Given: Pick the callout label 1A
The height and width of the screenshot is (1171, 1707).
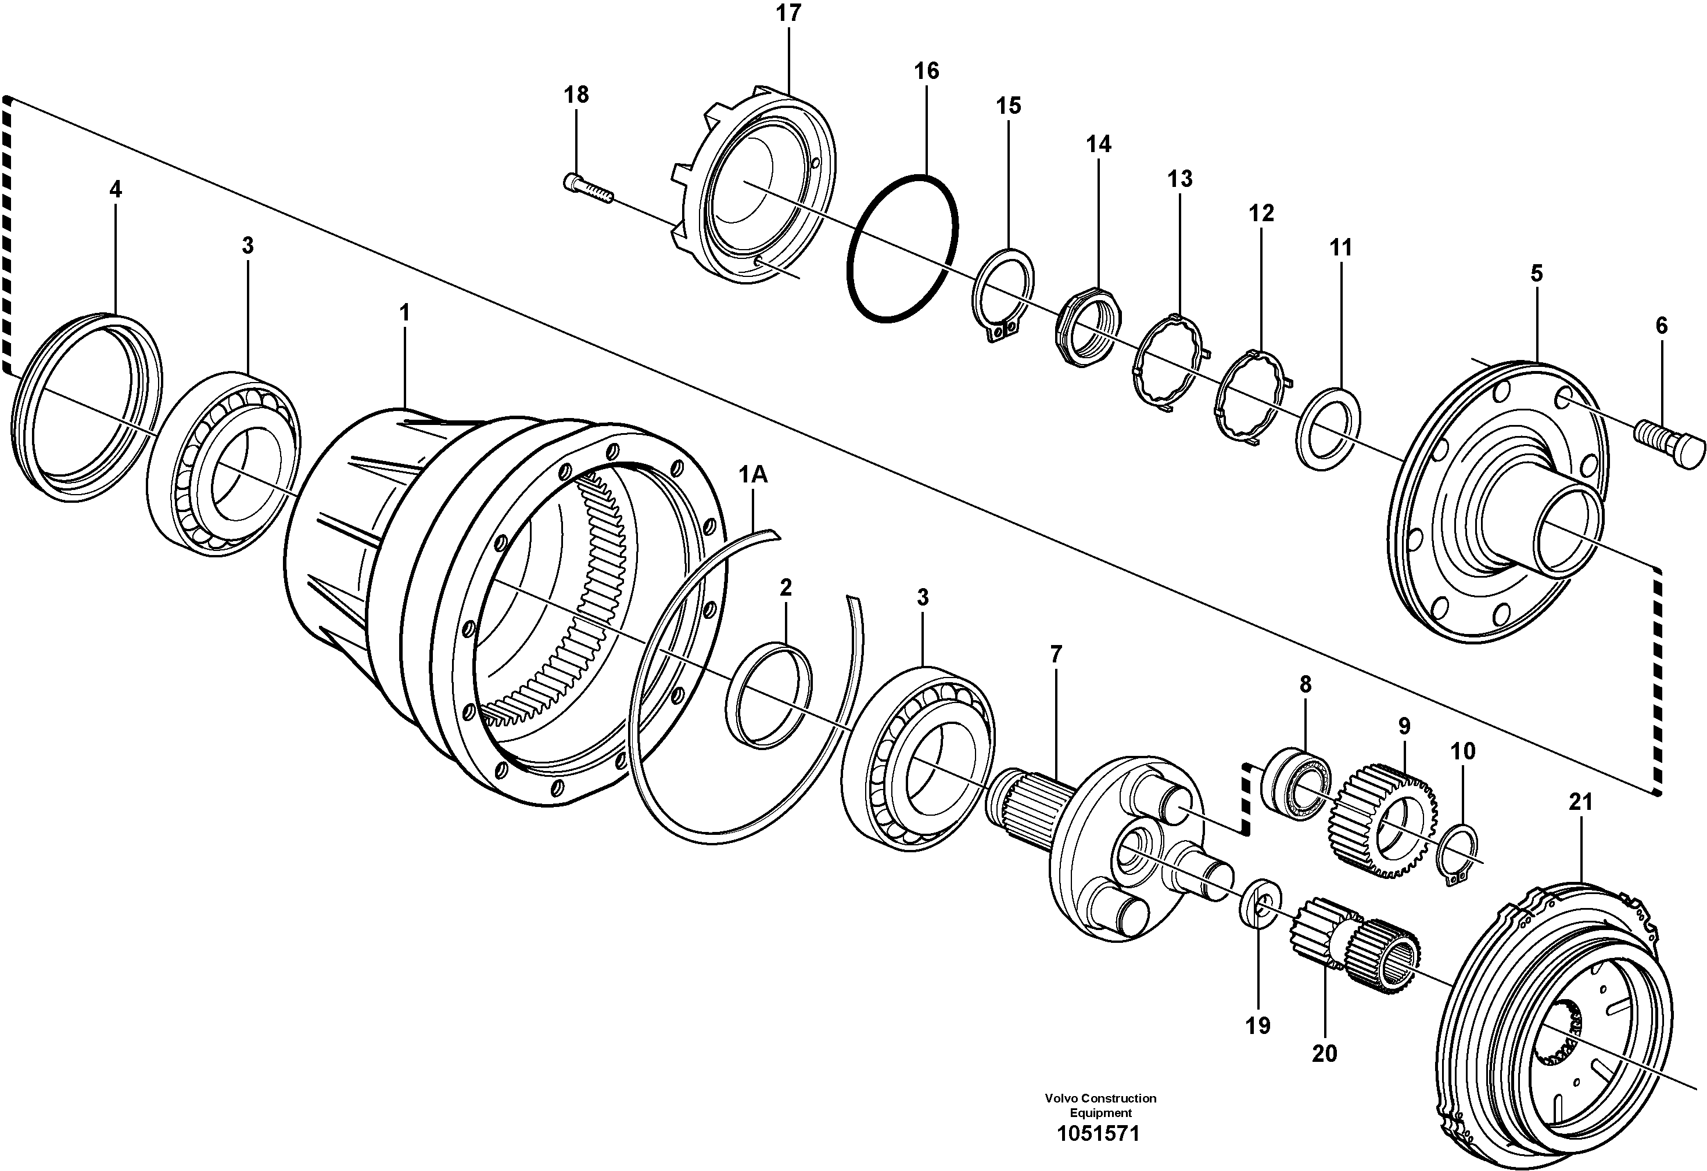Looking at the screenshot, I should pos(753,475).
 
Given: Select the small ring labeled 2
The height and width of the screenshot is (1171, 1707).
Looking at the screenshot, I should pos(768,694).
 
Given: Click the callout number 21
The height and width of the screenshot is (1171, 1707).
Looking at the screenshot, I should pos(1581,802).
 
